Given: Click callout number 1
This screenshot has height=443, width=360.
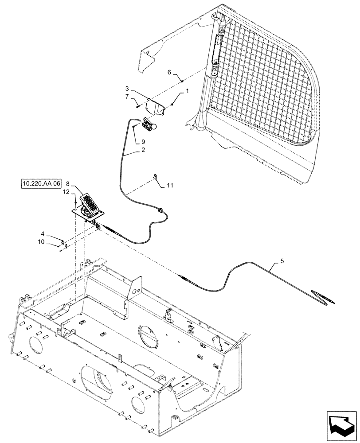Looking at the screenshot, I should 187,90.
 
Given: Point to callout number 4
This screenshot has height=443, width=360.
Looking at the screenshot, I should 43,233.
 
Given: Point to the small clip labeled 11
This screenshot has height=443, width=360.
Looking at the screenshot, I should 156,177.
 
